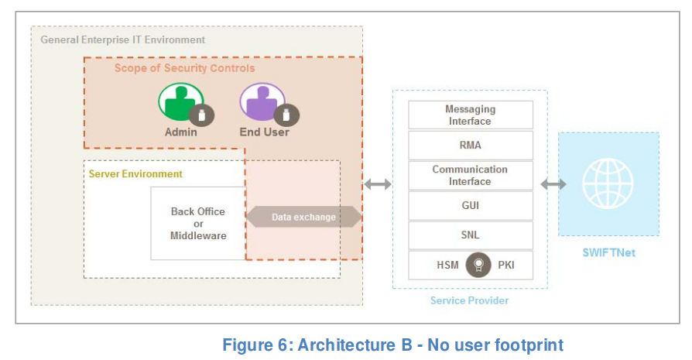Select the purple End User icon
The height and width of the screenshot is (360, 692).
[262, 102]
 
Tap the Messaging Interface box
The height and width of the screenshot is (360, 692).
[470, 115]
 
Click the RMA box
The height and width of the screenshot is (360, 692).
[470, 145]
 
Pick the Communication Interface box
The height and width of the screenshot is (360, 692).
[470, 175]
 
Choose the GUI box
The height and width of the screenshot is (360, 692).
[470, 205]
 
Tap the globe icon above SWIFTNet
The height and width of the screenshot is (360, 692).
[608, 184]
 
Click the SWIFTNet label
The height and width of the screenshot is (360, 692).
[608, 252]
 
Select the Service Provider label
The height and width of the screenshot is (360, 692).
[469, 300]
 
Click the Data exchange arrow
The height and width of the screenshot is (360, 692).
[303, 217]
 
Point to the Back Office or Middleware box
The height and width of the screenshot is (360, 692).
[197, 223]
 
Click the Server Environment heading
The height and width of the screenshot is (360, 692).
[135, 174]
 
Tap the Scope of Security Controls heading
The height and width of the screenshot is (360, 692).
[184, 68]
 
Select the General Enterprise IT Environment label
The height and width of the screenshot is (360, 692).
[122, 39]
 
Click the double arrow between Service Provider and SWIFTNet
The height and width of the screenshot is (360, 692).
[553, 184]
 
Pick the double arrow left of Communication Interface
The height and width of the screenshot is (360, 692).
[377, 184]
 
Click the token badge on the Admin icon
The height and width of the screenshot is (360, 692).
[201, 116]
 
